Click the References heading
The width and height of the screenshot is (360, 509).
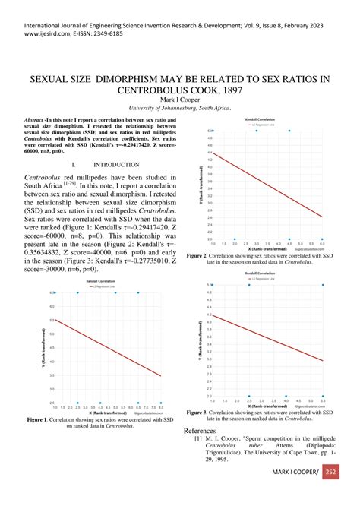(226, 431)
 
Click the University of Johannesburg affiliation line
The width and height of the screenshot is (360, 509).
(180, 107)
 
